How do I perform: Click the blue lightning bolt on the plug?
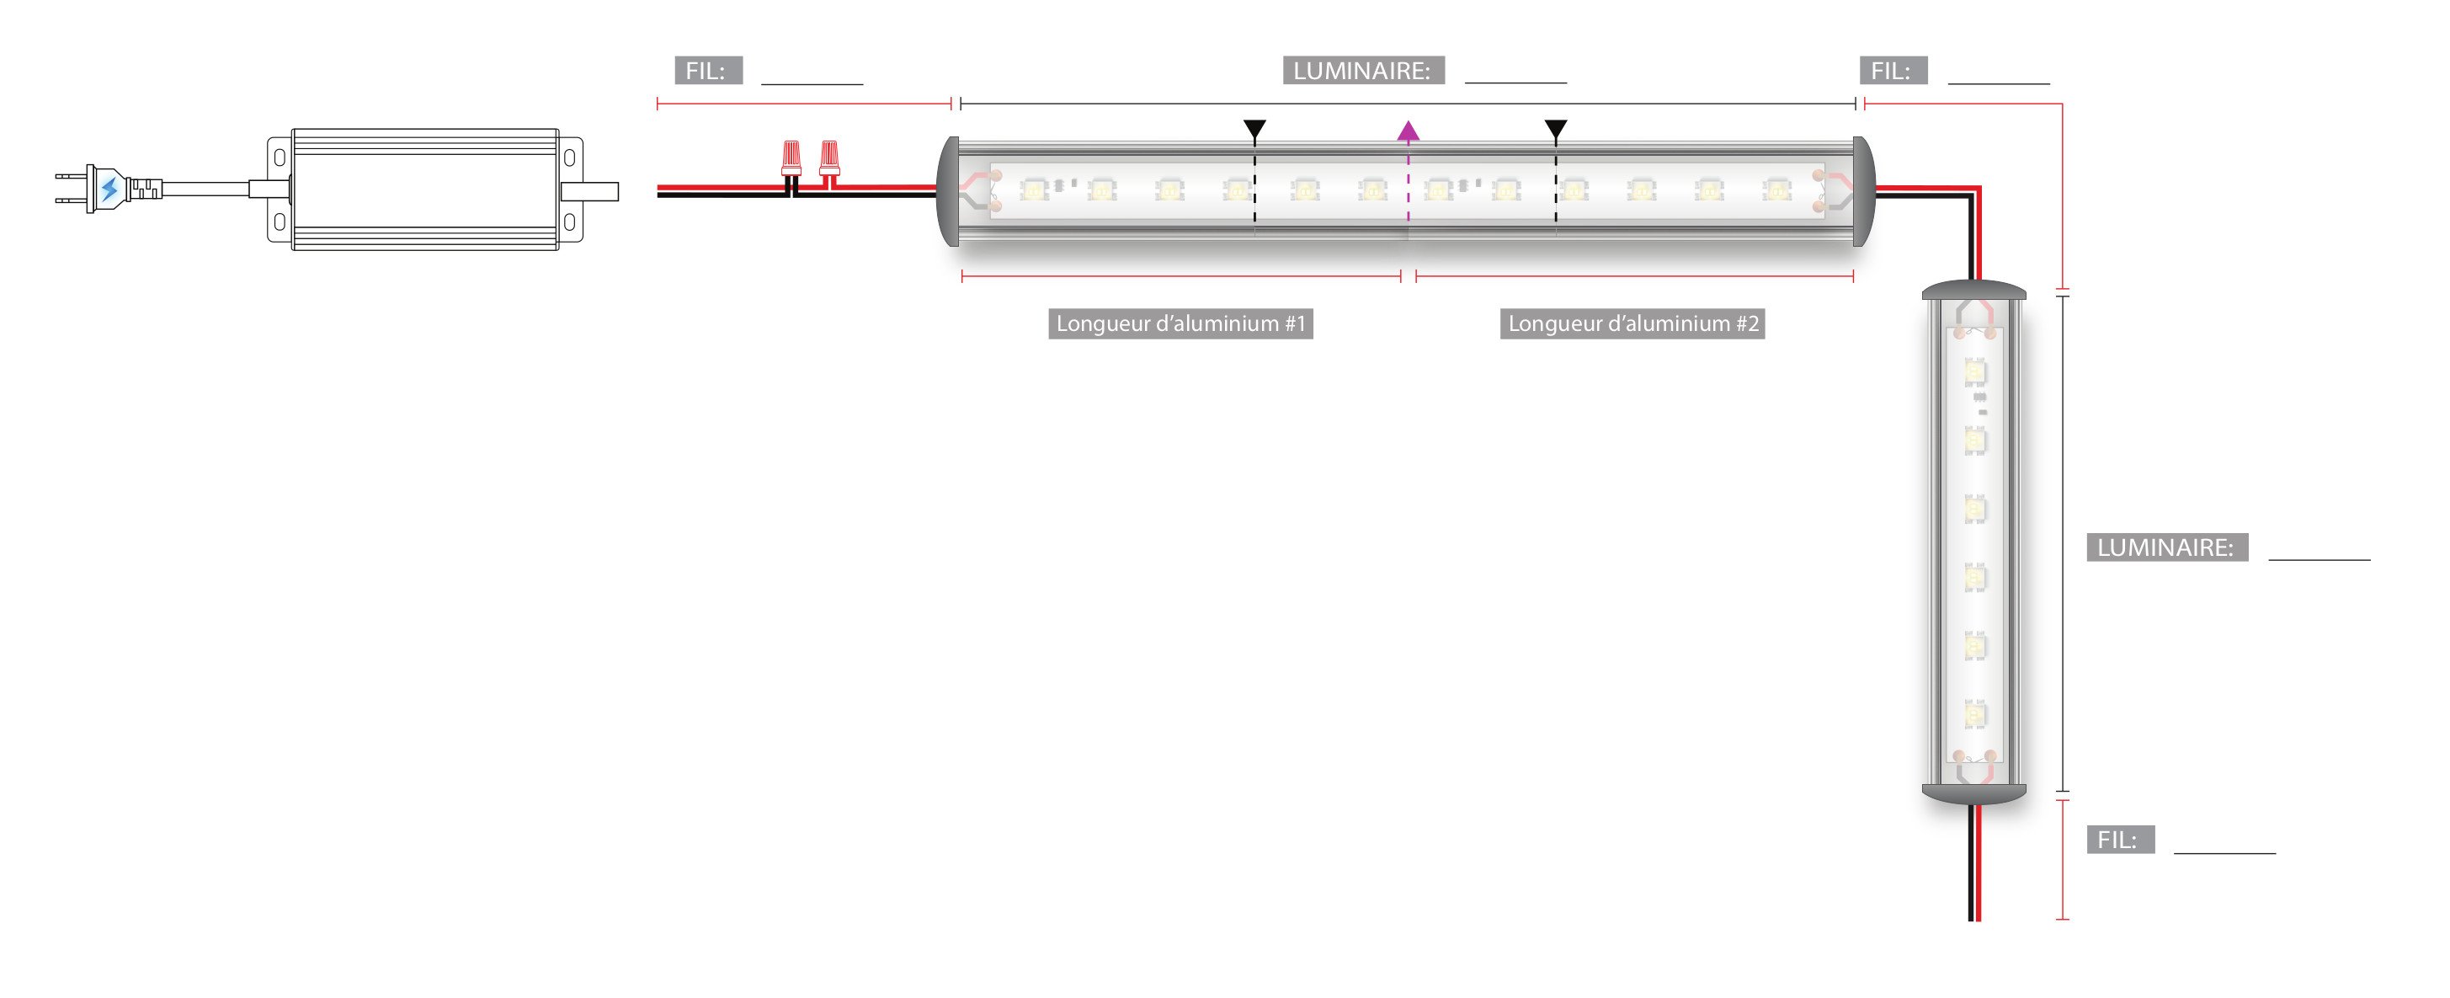[x=109, y=189]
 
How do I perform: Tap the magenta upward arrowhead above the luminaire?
[x=1408, y=131]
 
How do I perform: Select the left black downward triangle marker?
[x=1254, y=129]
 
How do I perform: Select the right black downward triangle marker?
[x=1555, y=129]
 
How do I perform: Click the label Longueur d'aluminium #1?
[x=1180, y=323]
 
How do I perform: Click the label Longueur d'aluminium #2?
[x=1632, y=323]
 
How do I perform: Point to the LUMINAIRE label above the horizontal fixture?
[x=1363, y=71]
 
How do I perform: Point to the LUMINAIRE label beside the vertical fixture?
[x=2166, y=547]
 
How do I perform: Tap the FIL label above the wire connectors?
[x=707, y=71]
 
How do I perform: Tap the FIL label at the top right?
[x=1893, y=71]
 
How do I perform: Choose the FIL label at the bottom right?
[x=2119, y=839]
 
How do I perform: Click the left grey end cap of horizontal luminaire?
[x=948, y=191]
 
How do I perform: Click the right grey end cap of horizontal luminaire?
[x=1864, y=191]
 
